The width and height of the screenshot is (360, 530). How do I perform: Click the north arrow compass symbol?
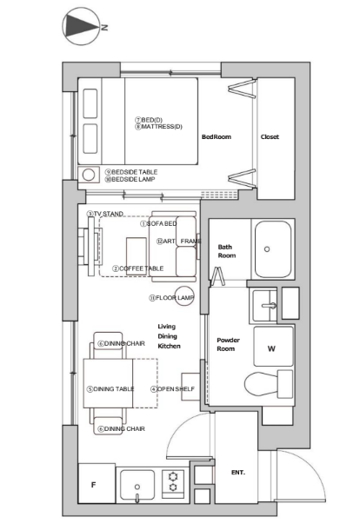[81, 26]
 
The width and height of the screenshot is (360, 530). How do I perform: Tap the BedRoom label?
[217, 137]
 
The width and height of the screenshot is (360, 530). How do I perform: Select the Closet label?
[270, 137]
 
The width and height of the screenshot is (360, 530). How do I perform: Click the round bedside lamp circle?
[89, 175]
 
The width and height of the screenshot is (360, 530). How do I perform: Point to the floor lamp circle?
[184, 296]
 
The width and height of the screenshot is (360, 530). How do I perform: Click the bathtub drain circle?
[267, 249]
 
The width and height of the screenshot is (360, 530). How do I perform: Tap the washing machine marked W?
[273, 346]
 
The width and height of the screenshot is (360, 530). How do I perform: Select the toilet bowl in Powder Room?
[261, 384]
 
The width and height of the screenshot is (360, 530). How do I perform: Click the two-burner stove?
[173, 482]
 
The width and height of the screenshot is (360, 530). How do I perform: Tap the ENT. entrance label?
[238, 472]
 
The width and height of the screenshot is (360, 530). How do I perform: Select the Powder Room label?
[228, 344]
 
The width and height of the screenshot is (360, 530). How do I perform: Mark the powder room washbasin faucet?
[270, 306]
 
